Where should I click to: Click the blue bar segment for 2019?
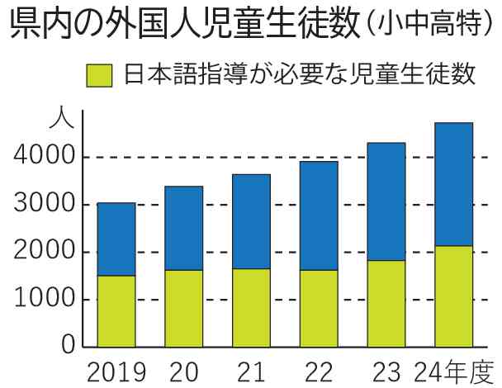click(x=116, y=239)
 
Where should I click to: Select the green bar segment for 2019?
click(x=116, y=310)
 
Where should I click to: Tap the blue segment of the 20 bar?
click(x=183, y=228)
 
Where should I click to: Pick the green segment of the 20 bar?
click(x=183, y=308)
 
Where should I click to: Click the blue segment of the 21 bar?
click(x=251, y=221)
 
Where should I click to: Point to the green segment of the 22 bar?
click(x=319, y=308)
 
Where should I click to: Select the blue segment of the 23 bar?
click(x=386, y=201)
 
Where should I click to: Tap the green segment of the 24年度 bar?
click(x=453, y=296)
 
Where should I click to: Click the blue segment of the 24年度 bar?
click(x=453, y=184)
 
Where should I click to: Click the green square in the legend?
click(x=99, y=76)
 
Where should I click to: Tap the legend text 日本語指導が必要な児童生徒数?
click(x=299, y=75)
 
